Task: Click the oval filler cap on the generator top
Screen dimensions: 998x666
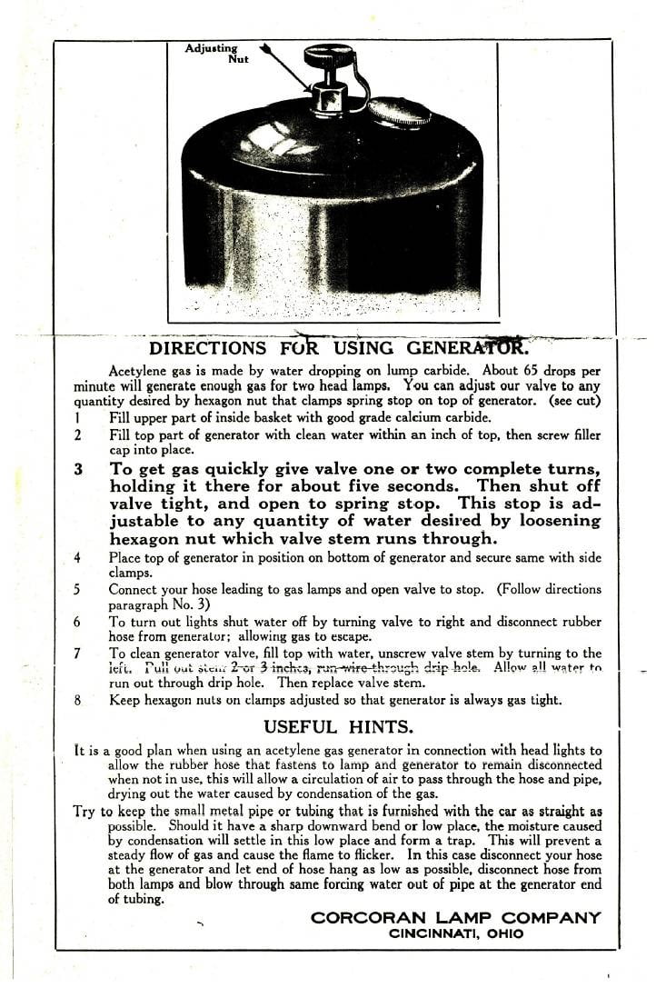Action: click(399, 111)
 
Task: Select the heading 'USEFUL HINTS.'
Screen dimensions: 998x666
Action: click(338, 726)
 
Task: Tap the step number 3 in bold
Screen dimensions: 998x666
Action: click(78, 470)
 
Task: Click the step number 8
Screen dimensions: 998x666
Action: click(78, 700)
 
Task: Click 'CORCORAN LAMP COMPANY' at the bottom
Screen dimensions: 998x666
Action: click(455, 918)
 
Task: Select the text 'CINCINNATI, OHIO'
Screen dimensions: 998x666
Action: click(456, 933)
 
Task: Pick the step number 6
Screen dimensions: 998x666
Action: click(78, 623)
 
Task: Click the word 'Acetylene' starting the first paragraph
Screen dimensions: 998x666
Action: click(137, 371)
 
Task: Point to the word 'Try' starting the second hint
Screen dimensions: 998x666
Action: click(84, 812)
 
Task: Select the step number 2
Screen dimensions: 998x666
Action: click(78, 435)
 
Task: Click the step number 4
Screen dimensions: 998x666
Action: click(78, 557)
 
